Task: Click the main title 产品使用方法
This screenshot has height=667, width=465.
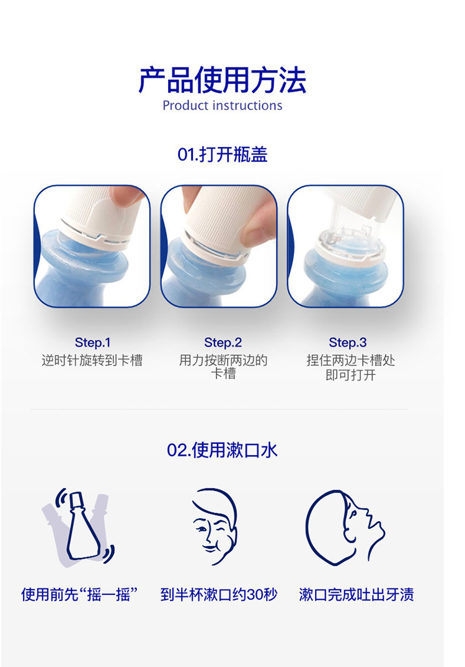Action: tap(222, 79)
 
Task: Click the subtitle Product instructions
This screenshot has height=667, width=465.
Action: tap(222, 105)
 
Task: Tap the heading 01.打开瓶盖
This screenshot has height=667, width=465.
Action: tap(223, 154)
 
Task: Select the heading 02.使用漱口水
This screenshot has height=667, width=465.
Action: tap(222, 450)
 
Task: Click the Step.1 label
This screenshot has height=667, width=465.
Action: tap(92, 342)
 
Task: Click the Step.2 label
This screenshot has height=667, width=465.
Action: tap(223, 342)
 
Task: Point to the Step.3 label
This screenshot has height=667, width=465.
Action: tap(348, 342)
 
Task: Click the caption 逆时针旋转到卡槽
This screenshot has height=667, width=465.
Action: tap(92, 360)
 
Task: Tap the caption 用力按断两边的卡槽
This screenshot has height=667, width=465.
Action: tap(223, 367)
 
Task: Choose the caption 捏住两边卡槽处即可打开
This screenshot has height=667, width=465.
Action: tap(350, 368)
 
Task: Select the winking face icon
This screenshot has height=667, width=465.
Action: tap(214, 527)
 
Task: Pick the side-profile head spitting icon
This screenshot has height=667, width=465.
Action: tap(345, 528)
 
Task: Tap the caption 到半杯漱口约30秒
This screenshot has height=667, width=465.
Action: tap(219, 594)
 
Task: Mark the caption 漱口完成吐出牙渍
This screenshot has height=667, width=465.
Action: tap(356, 594)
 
